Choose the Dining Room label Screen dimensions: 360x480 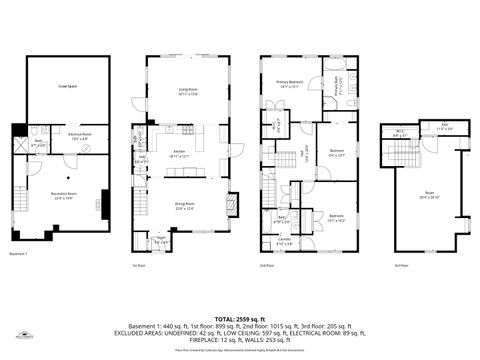[186, 207]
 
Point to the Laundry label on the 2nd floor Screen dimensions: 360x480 [285, 240]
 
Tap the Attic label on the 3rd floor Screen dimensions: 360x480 [431, 127]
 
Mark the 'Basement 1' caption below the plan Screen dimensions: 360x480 [17, 254]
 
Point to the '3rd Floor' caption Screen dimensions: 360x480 [400, 265]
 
